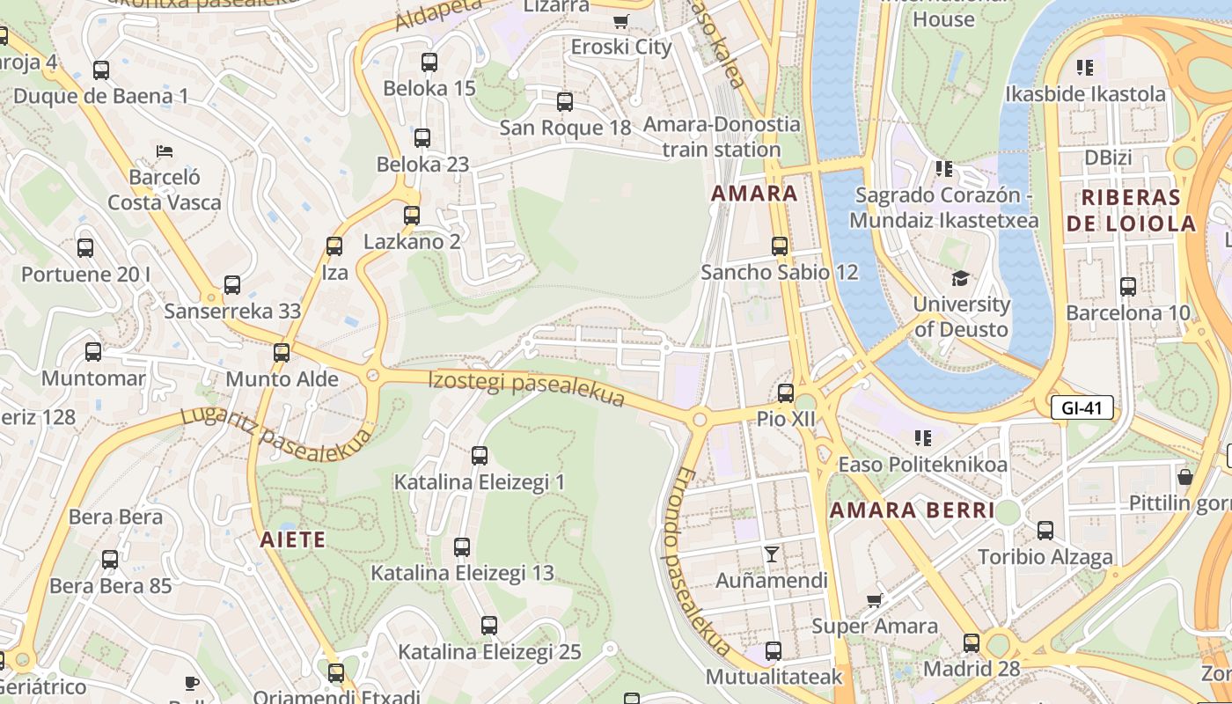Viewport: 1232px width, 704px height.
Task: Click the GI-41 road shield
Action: pyautogui.click(x=1082, y=407)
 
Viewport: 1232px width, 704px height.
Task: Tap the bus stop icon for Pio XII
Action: pyautogui.click(x=786, y=392)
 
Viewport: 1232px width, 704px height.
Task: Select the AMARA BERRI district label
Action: pyautogui.click(x=912, y=510)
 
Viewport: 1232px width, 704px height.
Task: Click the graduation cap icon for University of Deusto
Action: pyautogui.click(x=960, y=278)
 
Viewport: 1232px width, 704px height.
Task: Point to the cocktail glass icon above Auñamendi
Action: pyautogui.click(x=772, y=554)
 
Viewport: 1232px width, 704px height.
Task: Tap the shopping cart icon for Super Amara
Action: pyautogui.click(x=874, y=600)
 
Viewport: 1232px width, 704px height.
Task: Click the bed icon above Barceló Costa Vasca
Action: pyautogui.click(x=164, y=151)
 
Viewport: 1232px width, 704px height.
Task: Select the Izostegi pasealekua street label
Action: pyautogui.click(x=526, y=390)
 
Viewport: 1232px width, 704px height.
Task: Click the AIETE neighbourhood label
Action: pyautogui.click(x=293, y=539)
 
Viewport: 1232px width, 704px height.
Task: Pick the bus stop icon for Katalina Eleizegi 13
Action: pyautogui.click(x=462, y=546)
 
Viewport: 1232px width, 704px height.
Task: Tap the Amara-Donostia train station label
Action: pyautogui.click(x=722, y=136)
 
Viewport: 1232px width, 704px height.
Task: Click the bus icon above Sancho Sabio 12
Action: pyautogui.click(x=780, y=246)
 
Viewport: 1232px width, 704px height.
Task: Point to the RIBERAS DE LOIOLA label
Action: pyautogui.click(x=1131, y=209)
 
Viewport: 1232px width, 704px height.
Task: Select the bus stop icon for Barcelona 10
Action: pyautogui.click(x=1128, y=286)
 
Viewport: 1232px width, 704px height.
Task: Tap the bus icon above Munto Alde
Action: pyautogui.click(x=282, y=353)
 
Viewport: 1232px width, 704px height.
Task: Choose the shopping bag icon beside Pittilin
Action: pyautogui.click(x=1185, y=477)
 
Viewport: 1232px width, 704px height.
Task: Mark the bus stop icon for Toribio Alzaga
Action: pyautogui.click(x=1045, y=531)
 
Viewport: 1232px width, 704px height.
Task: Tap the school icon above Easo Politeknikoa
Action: pyautogui.click(x=922, y=437)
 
